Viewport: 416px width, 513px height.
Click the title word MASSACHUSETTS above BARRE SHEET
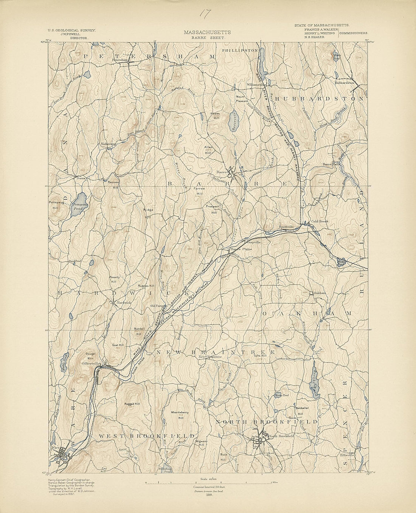tap(208, 33)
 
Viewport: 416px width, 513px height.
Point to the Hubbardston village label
tap(344, 82)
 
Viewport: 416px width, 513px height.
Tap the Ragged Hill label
tap(131, 404)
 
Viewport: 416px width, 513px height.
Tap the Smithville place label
tap(286, 227)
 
